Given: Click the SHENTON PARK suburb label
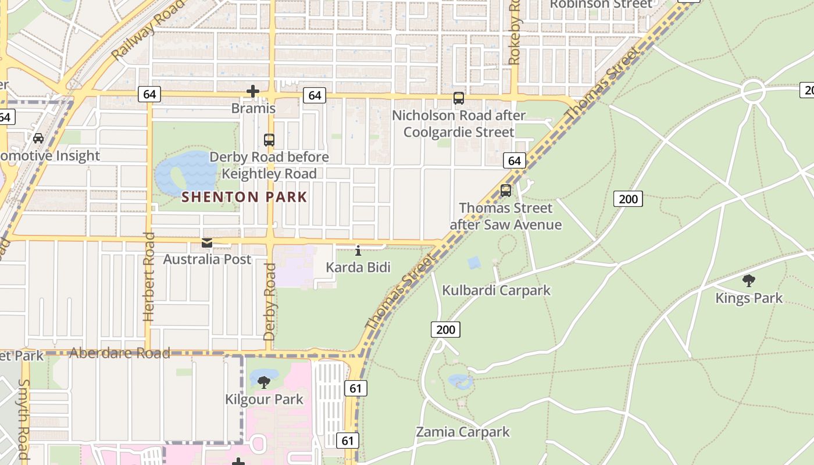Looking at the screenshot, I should tap(244, 197).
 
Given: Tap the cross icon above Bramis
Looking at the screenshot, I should tap(253, 91).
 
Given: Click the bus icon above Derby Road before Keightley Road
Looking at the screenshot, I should tap(269, 139).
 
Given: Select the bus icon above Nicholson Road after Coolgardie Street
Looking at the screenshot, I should tap(459, 98).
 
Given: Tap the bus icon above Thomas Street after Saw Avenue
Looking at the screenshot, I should tap(506, 191).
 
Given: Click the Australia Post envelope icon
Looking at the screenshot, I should tap(207, 243).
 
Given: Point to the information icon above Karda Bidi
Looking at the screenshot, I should tap(358, 251).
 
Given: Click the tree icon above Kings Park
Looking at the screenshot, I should tap(749, 281).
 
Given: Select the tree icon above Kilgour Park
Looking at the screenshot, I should tap(264, 382).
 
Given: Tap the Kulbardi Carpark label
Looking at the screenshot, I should tap(496, 290).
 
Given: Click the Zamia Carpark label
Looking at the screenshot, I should tap(462, 432).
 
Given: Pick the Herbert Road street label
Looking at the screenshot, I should tap(149, 277).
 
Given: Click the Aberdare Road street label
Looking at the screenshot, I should tap(120, 353).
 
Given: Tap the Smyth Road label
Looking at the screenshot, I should tap(24, 419).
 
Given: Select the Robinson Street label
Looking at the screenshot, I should tap(601, 5).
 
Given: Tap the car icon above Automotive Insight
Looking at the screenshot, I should tap(38, 138).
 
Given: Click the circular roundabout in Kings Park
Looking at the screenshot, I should tap(753, 91).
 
